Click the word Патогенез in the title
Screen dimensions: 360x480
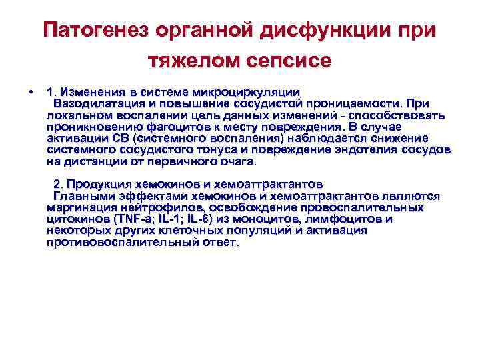92,31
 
